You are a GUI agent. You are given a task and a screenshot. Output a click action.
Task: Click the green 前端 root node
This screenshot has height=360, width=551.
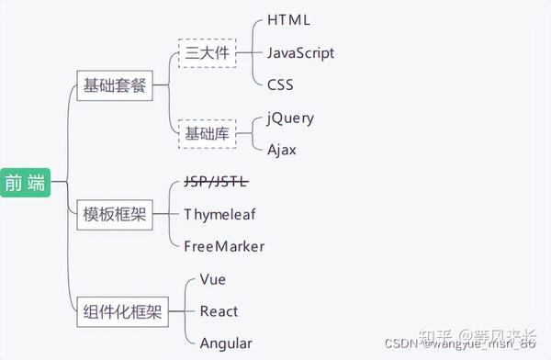25,182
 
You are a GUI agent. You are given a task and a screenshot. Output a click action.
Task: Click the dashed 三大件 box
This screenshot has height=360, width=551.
207,52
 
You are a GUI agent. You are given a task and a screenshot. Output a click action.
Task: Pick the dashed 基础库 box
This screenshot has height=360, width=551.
207,134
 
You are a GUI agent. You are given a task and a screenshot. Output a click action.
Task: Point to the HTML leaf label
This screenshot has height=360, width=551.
288,19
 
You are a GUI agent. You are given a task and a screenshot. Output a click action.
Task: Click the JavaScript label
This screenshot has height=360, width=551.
300,52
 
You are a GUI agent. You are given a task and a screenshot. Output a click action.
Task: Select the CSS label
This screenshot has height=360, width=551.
280,84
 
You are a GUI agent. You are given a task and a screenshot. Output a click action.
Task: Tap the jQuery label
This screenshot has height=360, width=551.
290,118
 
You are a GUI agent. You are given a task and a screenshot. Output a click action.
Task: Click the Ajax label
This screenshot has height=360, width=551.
282,150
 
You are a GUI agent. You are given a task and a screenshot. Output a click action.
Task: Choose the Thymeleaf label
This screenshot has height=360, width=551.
219,213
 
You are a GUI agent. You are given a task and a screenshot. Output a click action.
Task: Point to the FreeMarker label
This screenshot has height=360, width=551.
224,245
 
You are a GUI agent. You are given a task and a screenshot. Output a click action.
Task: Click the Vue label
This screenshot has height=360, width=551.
212,278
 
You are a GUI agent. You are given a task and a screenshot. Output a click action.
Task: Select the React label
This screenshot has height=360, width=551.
219,311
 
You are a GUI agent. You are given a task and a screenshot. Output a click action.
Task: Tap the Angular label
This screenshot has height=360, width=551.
225,343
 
